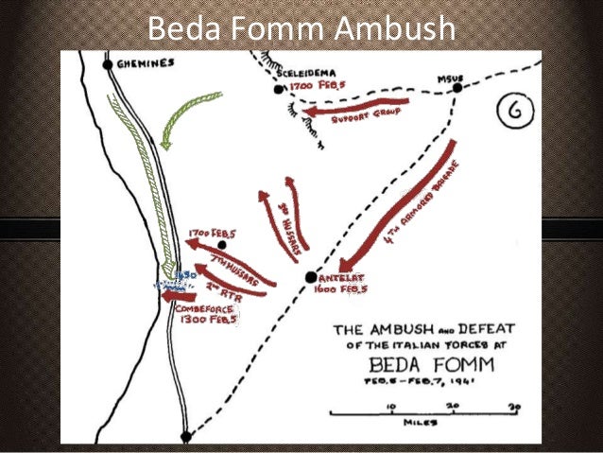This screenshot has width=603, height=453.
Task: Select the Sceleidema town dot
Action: coord(279,90)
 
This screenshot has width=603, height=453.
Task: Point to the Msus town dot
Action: coord(457,88)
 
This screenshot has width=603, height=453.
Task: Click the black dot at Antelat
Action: coord(311,277)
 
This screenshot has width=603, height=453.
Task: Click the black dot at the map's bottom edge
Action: coord(186,436)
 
